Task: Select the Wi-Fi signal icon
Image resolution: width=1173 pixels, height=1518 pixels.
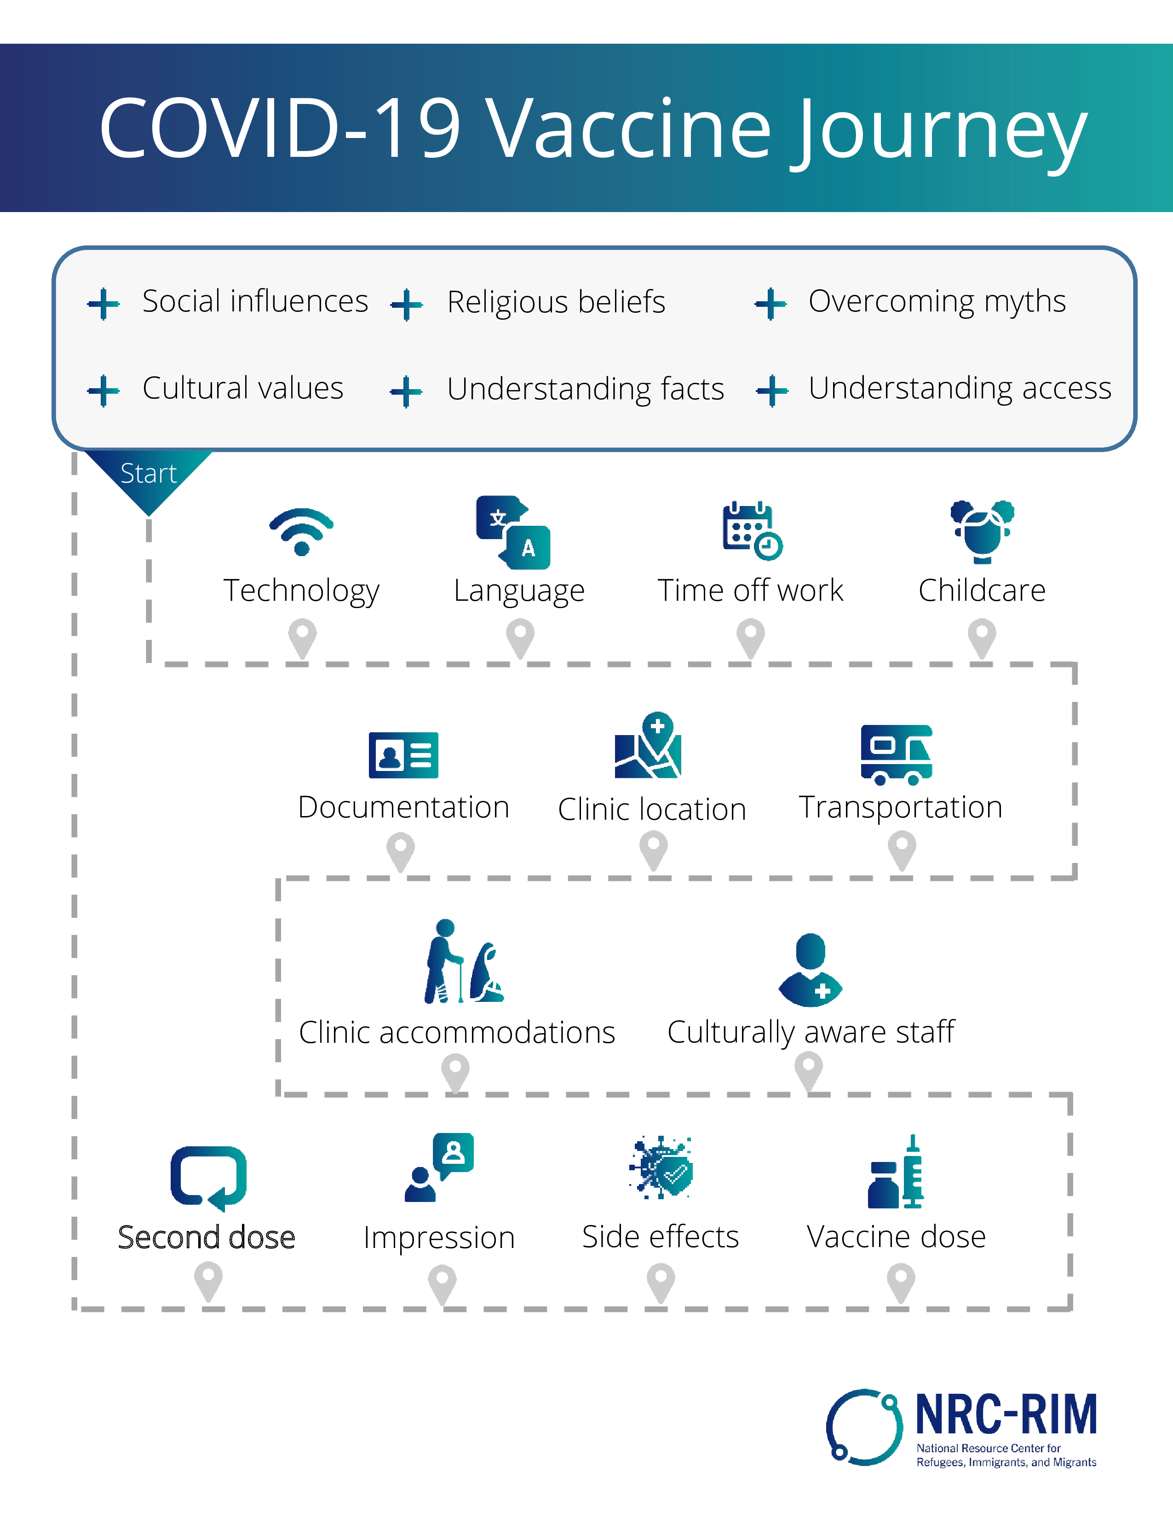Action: coord(302,532)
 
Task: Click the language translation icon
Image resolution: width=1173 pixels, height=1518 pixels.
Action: coord(513,532)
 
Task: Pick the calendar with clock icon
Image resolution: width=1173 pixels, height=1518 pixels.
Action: coord(752,531)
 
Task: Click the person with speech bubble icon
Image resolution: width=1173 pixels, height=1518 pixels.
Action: coord(440,1167)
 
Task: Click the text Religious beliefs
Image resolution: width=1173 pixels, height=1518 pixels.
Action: coord(556,302)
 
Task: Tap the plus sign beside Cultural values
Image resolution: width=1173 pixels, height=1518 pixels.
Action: coord(103,391)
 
